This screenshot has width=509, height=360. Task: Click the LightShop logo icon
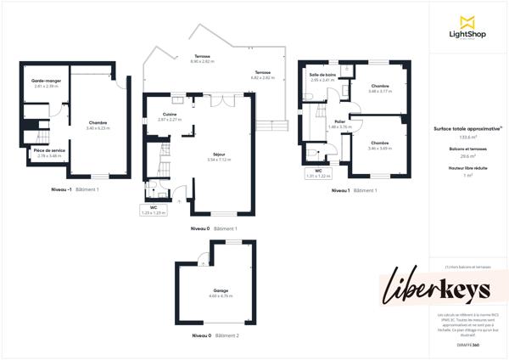[466, 22]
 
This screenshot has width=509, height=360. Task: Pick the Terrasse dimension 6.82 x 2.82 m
[263, 77]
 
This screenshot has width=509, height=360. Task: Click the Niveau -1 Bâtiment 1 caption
[76, 189]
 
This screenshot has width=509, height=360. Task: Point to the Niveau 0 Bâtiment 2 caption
[215, 336]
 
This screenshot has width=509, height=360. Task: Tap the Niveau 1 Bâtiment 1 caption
[354, 190]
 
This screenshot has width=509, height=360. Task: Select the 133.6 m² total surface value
[467, 137]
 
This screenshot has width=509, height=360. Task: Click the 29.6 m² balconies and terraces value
[467, 156]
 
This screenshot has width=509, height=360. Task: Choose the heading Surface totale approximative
[467, 128]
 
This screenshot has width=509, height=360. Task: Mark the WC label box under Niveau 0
[154, 209]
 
